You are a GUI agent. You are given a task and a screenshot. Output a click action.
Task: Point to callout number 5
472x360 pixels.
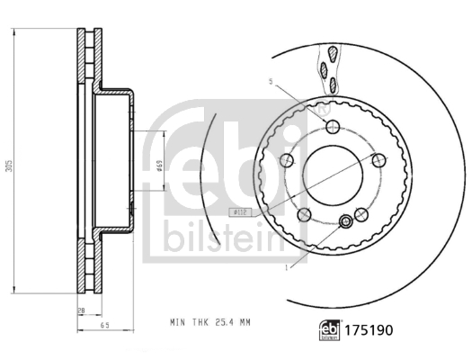[x=269, y=82]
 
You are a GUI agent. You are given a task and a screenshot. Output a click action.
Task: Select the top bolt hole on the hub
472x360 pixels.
[x=332, y=125]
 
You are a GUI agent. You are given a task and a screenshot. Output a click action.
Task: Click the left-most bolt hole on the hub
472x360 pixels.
[x=289, y=160]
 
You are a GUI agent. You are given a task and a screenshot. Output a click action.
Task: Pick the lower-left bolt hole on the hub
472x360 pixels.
[x=305, y=214]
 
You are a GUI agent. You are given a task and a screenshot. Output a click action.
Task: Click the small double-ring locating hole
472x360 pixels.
[x=346, y=222]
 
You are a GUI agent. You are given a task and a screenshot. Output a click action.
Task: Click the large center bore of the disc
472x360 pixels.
[x=332, y=172]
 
